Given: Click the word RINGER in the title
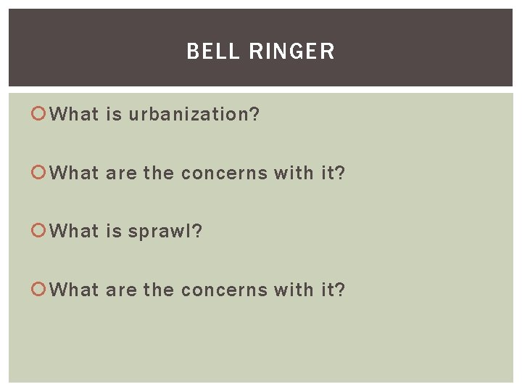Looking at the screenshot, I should click(292, 52).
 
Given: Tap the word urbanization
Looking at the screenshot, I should click(194, 114).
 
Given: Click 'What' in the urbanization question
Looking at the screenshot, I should click(75, 114).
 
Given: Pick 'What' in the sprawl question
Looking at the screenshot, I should click(75, 232).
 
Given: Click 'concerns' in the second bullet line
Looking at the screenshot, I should click(224, 173).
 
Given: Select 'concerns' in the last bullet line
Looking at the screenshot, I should click(224, 290).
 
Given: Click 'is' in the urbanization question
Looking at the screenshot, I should click(113, 114).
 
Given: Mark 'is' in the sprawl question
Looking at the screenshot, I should click(113, 232).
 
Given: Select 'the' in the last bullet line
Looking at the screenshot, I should click(158, 290).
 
